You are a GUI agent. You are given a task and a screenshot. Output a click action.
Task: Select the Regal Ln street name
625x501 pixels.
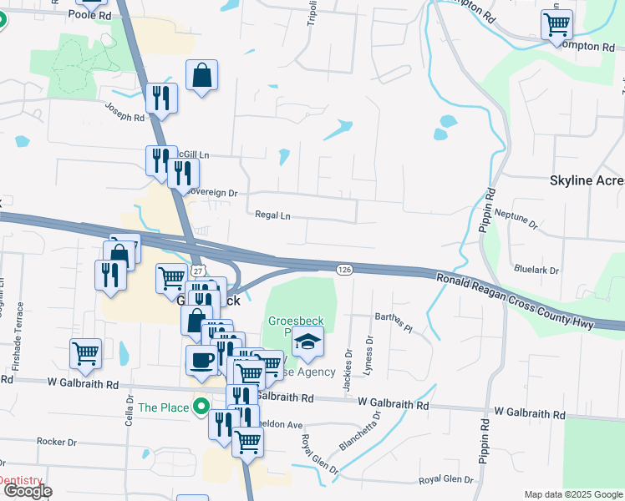click(x=273, y=215)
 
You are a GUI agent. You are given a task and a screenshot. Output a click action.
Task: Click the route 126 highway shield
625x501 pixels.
click(x=344, y=269)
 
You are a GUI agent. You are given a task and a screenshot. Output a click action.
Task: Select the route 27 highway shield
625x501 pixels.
click(x=196, y=271)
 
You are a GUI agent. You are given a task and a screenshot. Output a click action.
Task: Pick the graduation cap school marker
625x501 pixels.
click(x=307, y=341)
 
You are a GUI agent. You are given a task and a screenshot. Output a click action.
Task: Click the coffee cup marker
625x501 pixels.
click(x=201, y=360)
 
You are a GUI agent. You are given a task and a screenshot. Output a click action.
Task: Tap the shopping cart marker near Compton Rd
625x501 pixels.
click(x=556, y=24)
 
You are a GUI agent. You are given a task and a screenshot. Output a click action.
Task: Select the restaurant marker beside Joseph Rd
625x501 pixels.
click(x=161, y=98)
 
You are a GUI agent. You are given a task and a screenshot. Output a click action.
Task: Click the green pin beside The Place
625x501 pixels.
click(x=201, y=407)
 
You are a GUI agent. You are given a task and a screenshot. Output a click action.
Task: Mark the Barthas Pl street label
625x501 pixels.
click(x=394, y=321)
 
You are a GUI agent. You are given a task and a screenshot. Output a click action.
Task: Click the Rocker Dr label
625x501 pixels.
click(x=57, y=441)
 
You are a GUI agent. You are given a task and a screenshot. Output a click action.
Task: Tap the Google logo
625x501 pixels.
click(x=27, y=492)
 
